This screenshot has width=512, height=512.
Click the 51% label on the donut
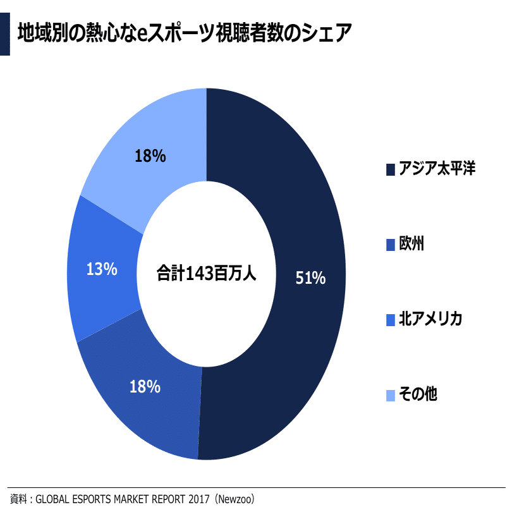pos(310,277)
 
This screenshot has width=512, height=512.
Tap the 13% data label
pos(102,269)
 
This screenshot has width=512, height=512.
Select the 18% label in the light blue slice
pos(150,155)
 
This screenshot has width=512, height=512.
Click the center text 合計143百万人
pos(207,274)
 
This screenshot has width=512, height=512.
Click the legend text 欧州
pos(411,244)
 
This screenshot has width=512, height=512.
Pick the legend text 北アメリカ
pos(430,319)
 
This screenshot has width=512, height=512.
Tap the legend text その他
pos(418,394)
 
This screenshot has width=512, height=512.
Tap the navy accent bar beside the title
pos(5,32)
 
